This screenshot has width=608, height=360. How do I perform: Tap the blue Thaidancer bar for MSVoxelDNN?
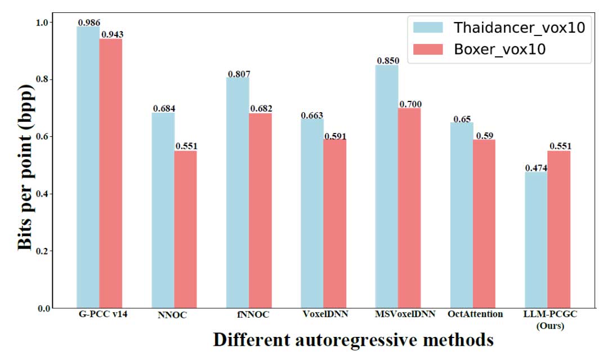click(387, 186)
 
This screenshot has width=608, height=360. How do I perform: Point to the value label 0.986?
click(89, 23)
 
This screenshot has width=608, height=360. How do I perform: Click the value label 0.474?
click(536, 168)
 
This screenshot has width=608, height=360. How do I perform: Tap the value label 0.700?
click(410, 104)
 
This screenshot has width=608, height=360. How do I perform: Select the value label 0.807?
click(239, 74)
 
